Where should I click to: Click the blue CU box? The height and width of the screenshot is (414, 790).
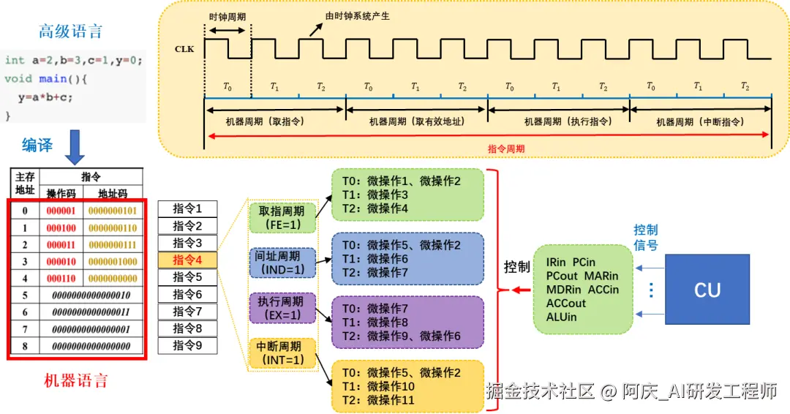(707, 290)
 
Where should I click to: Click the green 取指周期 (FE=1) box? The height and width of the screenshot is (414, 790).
(282, 217)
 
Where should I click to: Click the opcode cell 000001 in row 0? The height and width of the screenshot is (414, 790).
(61, 211)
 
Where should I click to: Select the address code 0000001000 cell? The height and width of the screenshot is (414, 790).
(113, 261)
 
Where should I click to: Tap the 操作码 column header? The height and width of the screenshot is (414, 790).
(61, 194)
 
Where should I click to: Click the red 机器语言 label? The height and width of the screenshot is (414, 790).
(76, 380)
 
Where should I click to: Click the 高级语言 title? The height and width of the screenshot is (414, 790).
(71, 31)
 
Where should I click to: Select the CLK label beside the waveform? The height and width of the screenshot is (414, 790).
(184, 49)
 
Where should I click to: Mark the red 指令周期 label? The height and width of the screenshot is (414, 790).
(506, 148)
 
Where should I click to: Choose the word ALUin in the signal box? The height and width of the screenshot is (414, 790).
(561, 317)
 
